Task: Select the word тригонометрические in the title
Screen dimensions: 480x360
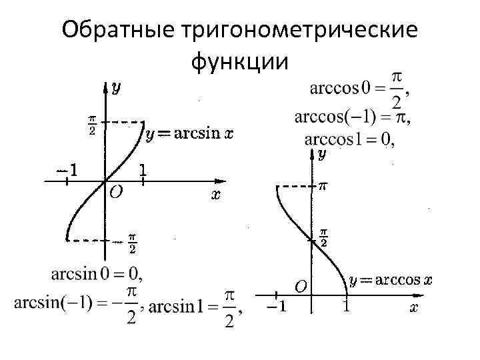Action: pyautogui.click(x=294, y=31)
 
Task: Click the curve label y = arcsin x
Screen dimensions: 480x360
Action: pyautogui.click(x=189, y=135)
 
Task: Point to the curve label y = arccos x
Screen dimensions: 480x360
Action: pyautogui.click(x=390, y=280)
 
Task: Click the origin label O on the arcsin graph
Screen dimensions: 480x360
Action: pyautogui.click(x=115, y=192)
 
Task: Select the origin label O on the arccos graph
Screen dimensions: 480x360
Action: pyautogui.click(x=301, y=287)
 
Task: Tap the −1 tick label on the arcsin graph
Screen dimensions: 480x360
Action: pyautogui.click(x=66, y=169)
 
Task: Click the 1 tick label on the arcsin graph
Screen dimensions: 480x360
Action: pyautogui.click(x=143, y=170)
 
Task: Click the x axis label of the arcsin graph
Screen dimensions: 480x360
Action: pyautogui.click(x=216, y=195)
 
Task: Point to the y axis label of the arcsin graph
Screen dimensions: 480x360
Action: pyautogui.click(x=116, y=87)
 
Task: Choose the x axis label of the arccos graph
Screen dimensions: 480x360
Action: pyautogui.click(x=414, y=307)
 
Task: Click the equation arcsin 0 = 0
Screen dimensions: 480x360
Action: pyautogui.click(x=97, y=273)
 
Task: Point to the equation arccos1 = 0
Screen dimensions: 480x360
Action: pyautogui.click(x=349, y=139)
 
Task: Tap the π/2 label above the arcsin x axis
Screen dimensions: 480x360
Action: pyautogui.click(x=92, y=125)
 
